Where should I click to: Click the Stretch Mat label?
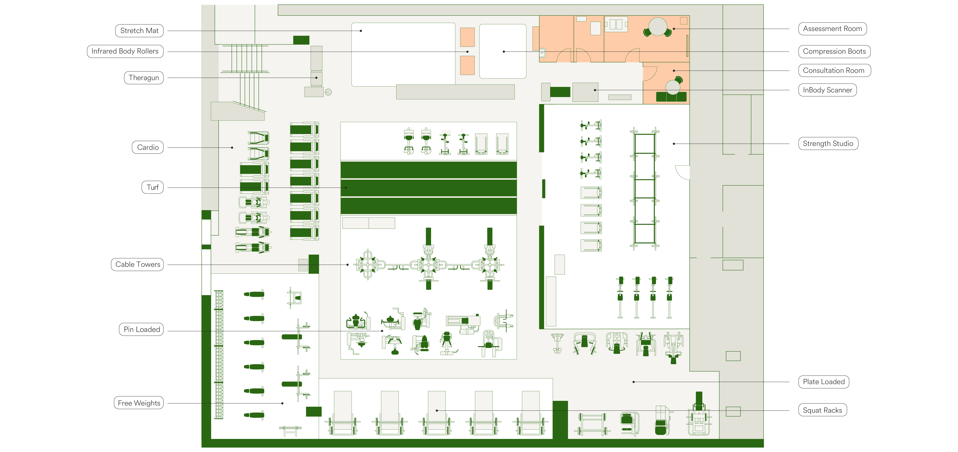pos(139,30)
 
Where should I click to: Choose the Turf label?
pos(153,187)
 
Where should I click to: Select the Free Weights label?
pos(139,403)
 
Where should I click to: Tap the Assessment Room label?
pos(832,29)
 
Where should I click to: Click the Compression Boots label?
pos(834,51)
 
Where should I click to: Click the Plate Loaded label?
pos(824,382)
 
